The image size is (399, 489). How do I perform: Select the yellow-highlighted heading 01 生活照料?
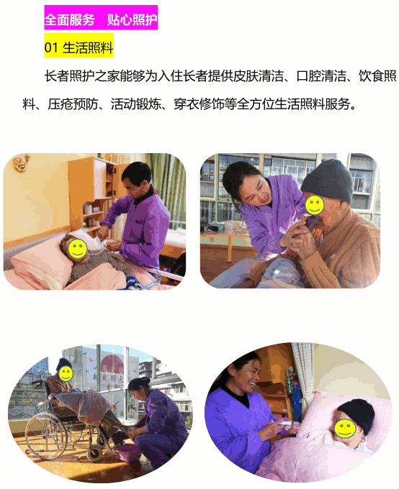tap(79, 47)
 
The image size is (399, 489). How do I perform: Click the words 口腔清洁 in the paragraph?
tap(321, 76)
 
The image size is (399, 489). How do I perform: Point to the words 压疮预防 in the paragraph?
tap(73, 104)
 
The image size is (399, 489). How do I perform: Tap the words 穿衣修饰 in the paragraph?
tap(199, 104)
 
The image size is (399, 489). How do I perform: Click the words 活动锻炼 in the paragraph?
tap(135, 104)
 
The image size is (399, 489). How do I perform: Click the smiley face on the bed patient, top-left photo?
tap(78, 248)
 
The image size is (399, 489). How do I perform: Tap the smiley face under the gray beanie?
tap(315, 204)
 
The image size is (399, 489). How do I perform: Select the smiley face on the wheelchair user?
tap(66, 374)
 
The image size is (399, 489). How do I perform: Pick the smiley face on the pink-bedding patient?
tap(345, 428)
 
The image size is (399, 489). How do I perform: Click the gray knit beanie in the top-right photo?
tap(327, 180)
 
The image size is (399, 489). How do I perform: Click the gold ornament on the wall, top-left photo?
tap(21, 163)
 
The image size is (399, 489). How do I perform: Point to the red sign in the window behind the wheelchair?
tap(112, 362)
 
